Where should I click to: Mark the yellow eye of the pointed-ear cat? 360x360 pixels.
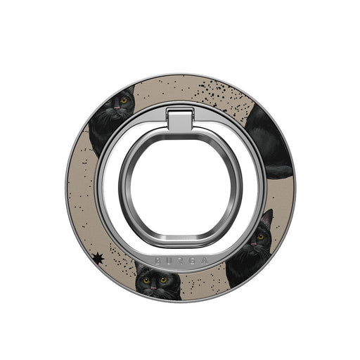click(260, 237)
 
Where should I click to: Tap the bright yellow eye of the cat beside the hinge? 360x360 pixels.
click(124, 101)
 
